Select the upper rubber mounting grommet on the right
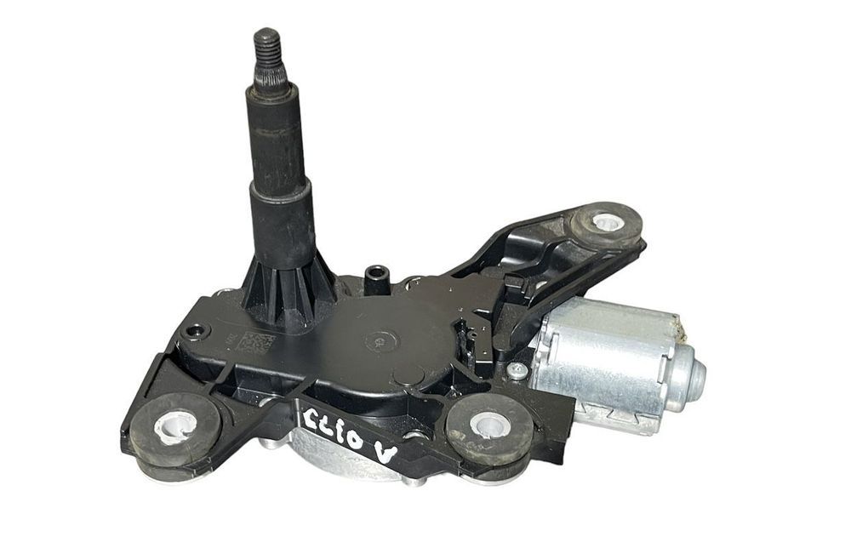607,223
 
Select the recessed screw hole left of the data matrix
197,330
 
